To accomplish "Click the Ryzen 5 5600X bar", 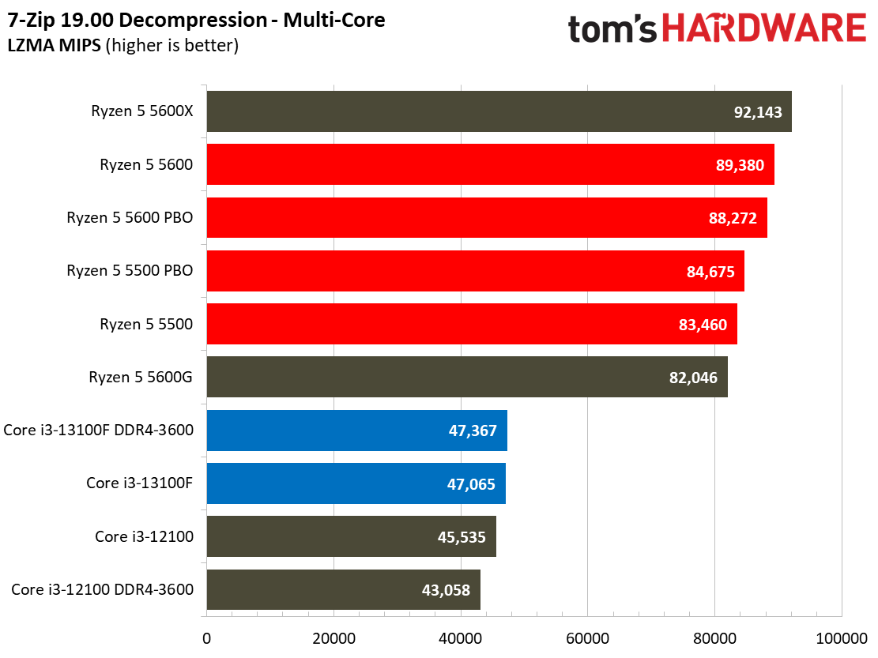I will click(498, 111).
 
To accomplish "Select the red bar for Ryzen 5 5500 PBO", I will click(474, 271).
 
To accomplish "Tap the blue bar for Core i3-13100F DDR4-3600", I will click(356, 431).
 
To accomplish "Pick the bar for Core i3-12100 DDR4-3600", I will click(343, 589).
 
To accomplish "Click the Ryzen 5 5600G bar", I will click(466, 378).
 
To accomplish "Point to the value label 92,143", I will click(758, 112).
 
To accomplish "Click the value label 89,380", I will click(740, 165).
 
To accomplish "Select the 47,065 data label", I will click(471, 484).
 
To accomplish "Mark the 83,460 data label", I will click(703, 325).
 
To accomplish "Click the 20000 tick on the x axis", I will click(333, 637).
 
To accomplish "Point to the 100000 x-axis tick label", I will click(841, 637).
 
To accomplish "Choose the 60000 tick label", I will click(587, 637).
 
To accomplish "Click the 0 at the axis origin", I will click(206, 637).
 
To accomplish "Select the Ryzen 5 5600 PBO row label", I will click(130, 218).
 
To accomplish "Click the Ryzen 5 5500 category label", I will click(146, 324).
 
